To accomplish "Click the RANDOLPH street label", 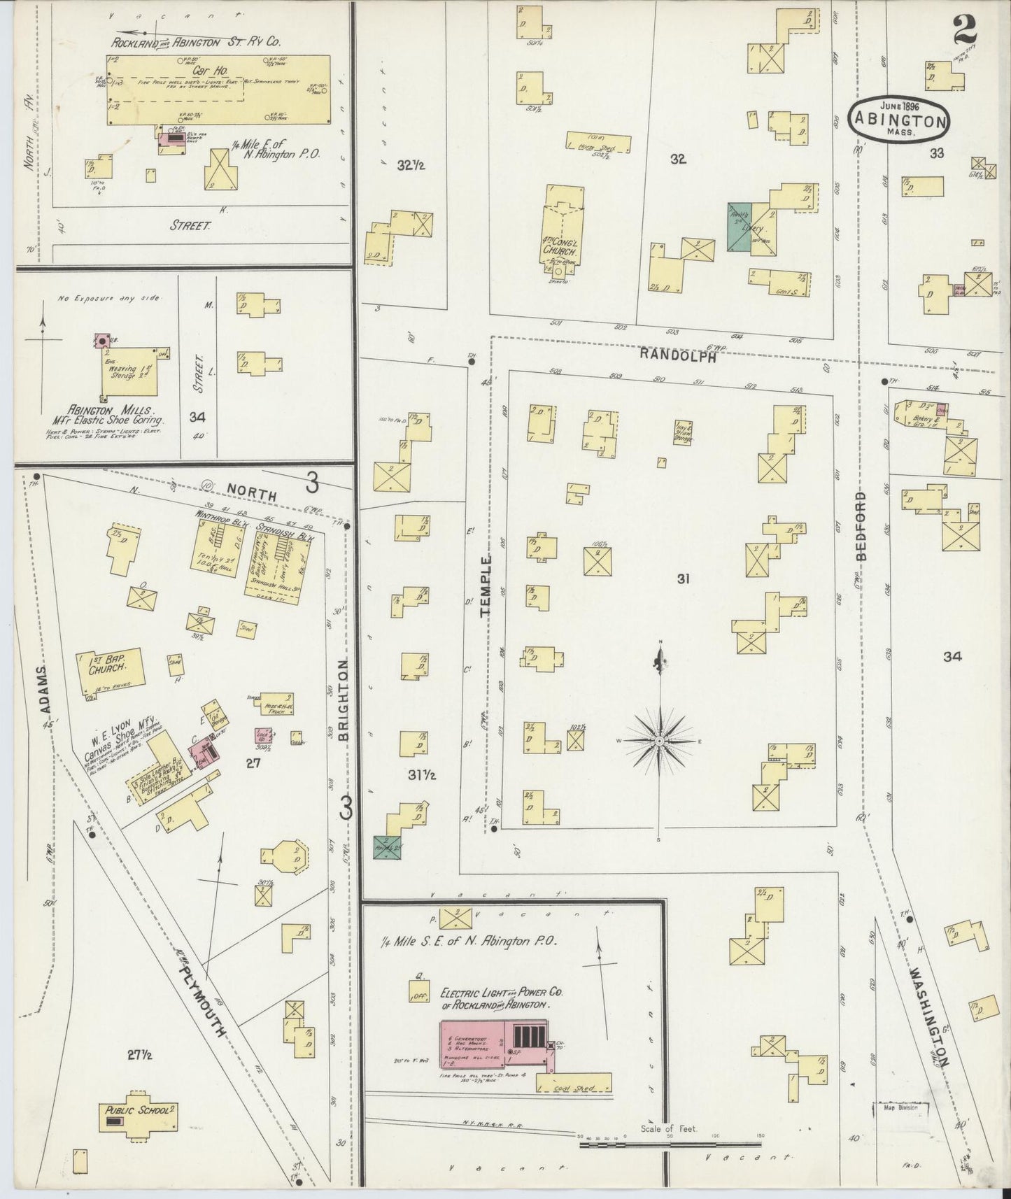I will [x=677, y=355].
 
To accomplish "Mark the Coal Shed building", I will [x=574, y=1088].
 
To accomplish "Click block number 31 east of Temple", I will [x=683, y=579].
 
